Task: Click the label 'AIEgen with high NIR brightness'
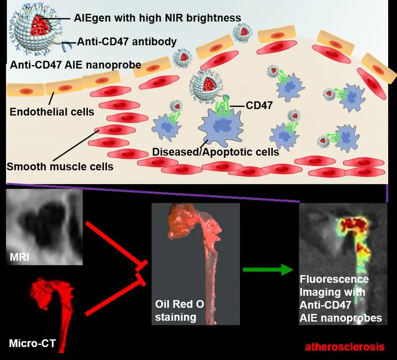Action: (x=156, y=18)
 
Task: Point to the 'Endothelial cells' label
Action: (x=52, y=112)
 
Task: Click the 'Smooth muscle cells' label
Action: (x=60, y=167)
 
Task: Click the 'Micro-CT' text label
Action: (x=30, y=343)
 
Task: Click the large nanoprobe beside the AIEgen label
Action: (x=33, y=30)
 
